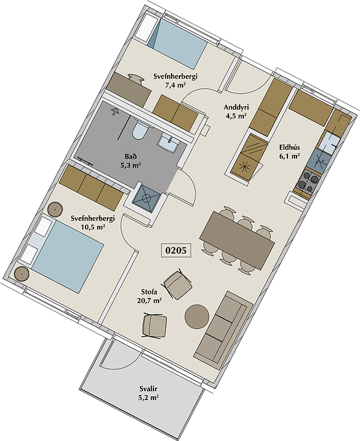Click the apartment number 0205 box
[175, 250]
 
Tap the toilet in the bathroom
[140, 130]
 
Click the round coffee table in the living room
[197, 316]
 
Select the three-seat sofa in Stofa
[223, 330]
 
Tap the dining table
[237, 240]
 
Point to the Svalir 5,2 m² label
[148, 393]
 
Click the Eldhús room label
[289, 148]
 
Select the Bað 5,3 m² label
[131, 161]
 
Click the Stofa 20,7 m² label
[149, 297]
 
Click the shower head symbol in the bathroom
[115, 111]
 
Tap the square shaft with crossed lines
[146, 198]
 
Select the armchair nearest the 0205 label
[178, 284]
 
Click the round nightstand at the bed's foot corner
[21, 273]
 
